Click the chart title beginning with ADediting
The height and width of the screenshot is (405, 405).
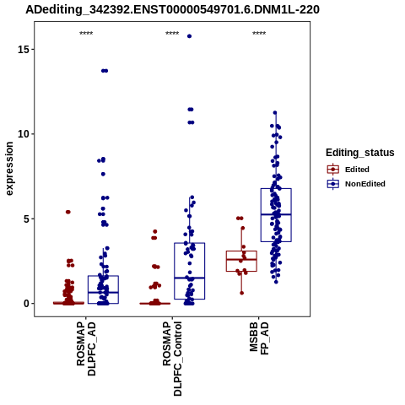point(172,10)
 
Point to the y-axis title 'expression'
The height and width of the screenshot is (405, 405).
point(9,169)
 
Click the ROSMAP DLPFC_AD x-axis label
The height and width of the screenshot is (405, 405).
point(86,349)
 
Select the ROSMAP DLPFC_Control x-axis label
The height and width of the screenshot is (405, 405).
point(172,359)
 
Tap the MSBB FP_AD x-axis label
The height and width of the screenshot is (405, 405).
point(259,338)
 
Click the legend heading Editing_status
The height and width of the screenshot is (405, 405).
point(360,153)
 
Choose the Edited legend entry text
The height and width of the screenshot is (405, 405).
point(357,170)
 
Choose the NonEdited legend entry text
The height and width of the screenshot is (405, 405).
point(365,184)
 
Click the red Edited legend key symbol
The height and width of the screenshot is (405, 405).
point(333,170)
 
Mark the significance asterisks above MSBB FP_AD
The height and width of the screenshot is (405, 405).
point(259,34)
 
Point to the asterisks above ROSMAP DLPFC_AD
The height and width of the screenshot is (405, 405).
point(86,34)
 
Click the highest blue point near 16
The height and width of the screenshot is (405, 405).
point(189,36)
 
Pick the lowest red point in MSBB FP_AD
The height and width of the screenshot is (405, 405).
point(242,293)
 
